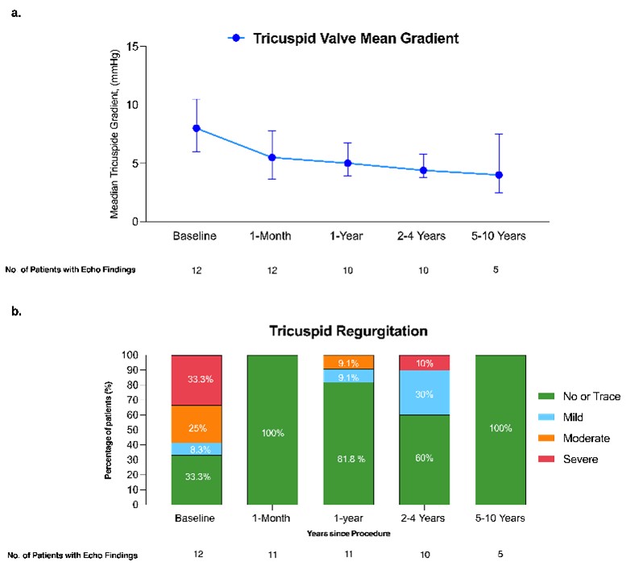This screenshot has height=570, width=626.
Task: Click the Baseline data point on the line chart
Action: click(x=196, y=128)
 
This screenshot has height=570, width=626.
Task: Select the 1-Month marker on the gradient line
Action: click(x=272, y=157)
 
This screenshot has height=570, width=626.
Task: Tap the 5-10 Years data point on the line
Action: click(x=499, y=175)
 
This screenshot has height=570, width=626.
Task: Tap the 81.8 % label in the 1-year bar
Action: click(x=348, y=460)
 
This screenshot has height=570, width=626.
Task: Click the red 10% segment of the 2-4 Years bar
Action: click(x=425, y=362)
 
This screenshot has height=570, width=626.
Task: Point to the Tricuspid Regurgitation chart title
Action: click(x=348, y=331)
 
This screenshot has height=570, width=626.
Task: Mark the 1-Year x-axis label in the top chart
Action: click(x=348, y=236)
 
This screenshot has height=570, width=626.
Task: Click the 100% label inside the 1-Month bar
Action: click(x=272, y=433)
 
